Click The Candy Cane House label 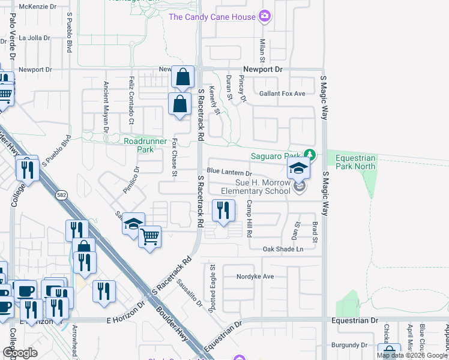[212, 17]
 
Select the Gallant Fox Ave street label [282, 94]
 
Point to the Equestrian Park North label [355, 163]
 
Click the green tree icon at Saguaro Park [309, 155]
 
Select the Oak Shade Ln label [283, 248]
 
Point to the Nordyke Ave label [255, 277]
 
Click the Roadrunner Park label [139, 145]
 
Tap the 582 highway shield [61, 195]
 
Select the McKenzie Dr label [37, 6]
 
